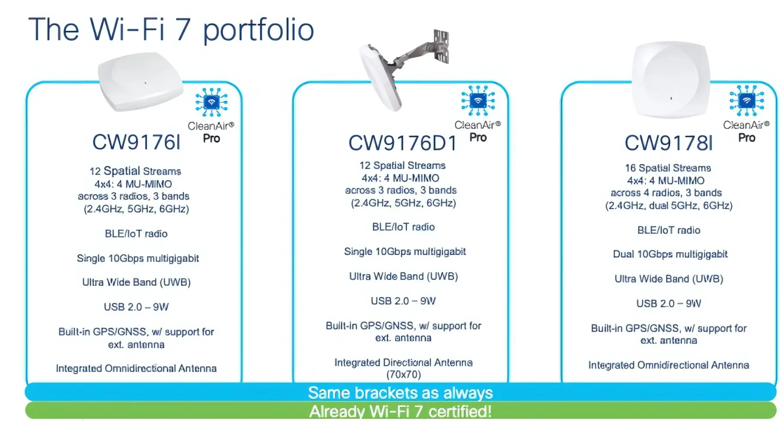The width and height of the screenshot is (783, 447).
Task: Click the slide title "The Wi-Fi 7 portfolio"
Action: (171, 30)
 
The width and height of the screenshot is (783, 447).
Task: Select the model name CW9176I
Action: (136, 142)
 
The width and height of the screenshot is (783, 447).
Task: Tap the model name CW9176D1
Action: (403, 143)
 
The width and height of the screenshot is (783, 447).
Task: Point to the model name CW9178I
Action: (668, 143)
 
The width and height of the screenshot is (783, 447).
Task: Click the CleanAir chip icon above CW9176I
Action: (211, 102)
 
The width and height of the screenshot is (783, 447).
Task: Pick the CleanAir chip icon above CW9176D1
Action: (478, 101)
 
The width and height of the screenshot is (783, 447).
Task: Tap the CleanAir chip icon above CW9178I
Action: (746, 101)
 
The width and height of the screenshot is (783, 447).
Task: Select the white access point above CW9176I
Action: (141, 82)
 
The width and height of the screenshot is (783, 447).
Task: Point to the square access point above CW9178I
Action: (670, 80)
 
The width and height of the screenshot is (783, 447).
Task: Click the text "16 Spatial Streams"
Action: (668, 168)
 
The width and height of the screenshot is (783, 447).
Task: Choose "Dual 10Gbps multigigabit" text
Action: (670, 254)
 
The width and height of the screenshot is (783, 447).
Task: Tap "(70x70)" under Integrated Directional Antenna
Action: (404, 374)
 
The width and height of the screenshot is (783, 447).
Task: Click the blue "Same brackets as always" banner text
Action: (401, 392)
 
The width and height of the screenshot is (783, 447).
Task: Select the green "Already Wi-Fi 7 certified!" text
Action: (401, 411)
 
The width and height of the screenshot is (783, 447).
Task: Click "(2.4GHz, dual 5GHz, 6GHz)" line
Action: (669, 206)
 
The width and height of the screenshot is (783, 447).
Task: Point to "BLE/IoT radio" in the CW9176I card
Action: (136, 234)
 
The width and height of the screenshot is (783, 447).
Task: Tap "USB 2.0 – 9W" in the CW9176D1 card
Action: (403, 301)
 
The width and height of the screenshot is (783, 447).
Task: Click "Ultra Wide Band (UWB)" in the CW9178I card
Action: (669, 279)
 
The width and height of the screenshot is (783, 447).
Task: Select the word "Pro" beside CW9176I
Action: (211, 138)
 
